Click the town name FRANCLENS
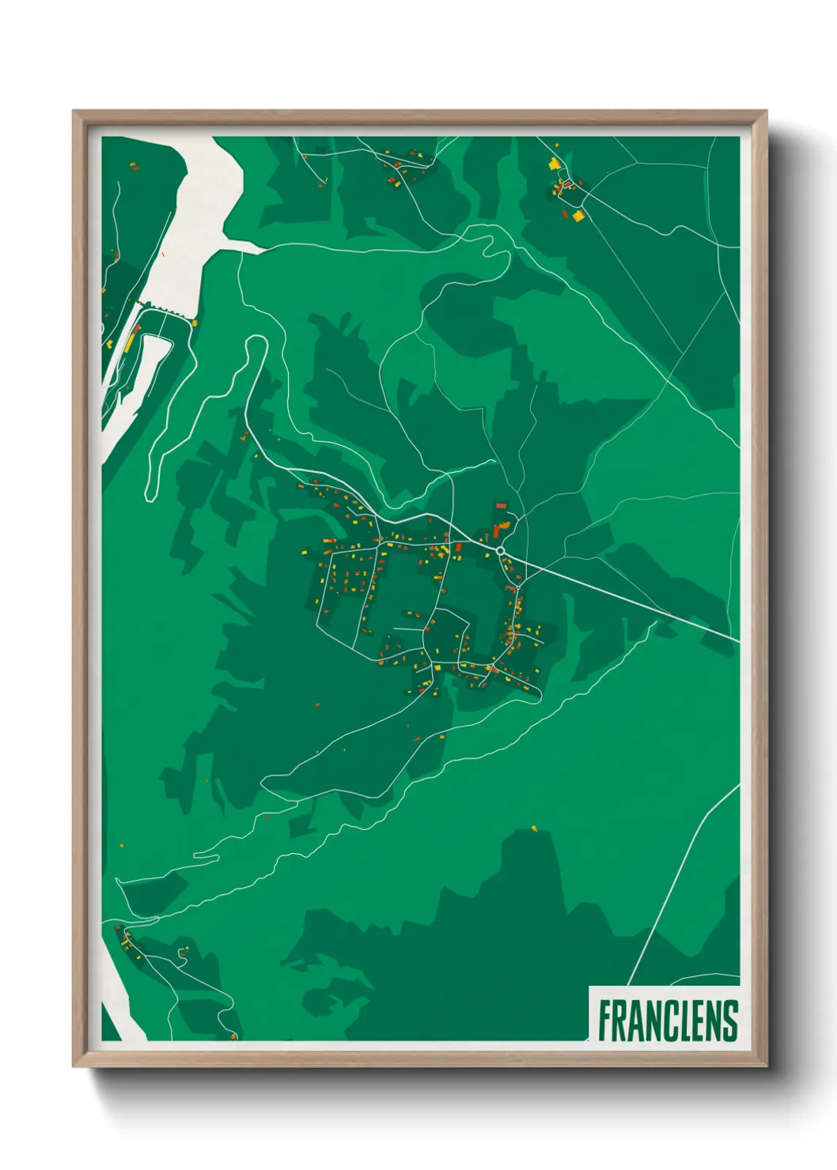(668, 1021)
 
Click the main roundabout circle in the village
(501, 550)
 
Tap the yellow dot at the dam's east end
(195, 323)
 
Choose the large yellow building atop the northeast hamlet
(555, 164)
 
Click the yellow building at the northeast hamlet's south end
(578, 215)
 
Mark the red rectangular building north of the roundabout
(501, 505)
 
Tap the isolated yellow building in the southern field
(534, 828)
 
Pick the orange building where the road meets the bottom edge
(234, 1035)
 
